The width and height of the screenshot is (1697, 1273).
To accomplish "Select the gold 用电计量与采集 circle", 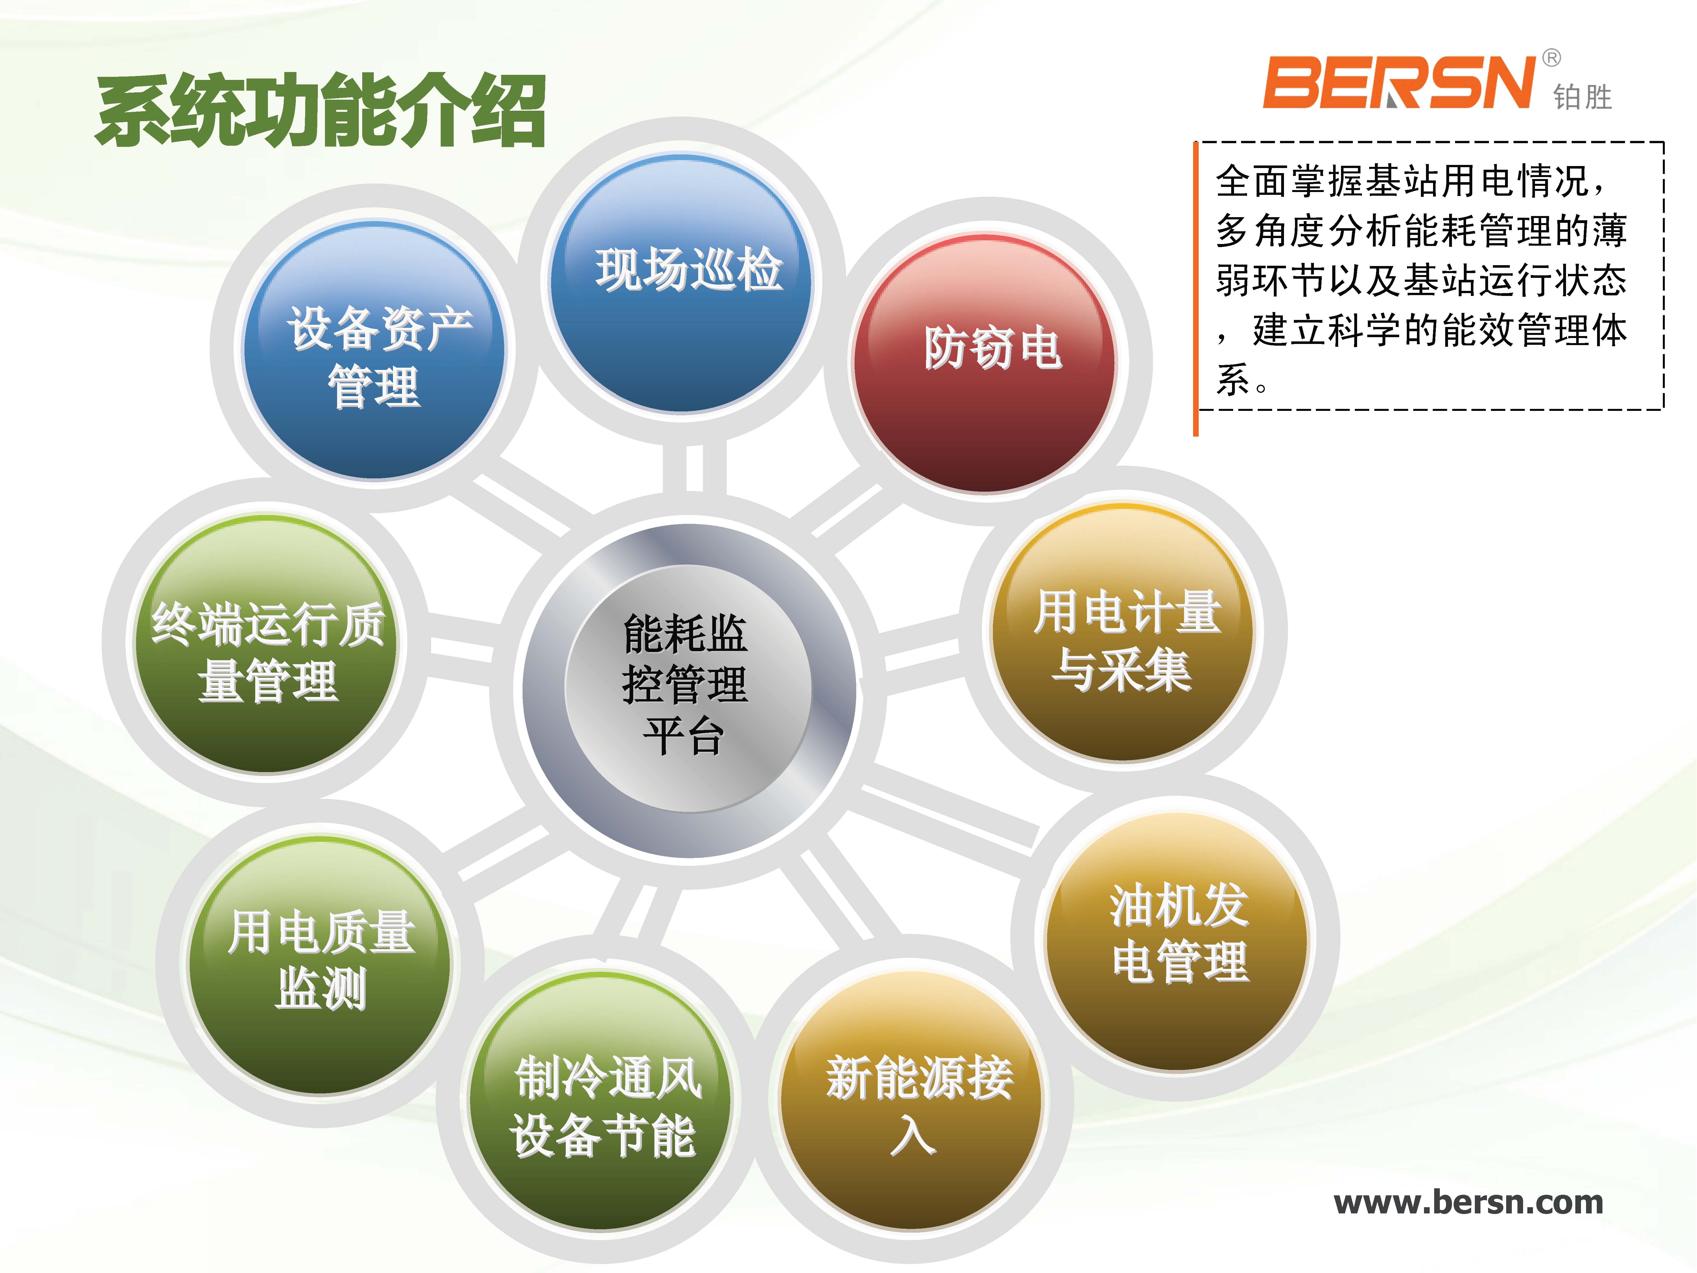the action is [x=1122, y=632].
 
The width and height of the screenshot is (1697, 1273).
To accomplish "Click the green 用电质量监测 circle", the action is [x=320, y=965].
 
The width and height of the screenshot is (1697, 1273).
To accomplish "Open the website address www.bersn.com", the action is [x=1468, y=1202].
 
